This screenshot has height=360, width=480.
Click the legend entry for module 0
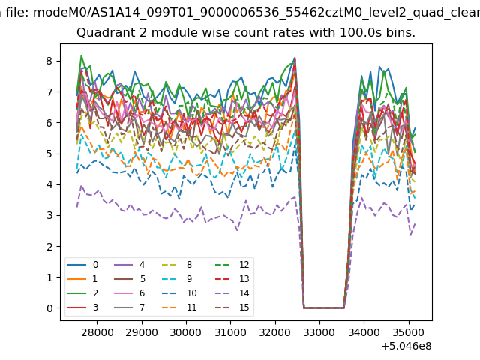tap(85, 265)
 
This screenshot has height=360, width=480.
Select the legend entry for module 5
tap(132, 279)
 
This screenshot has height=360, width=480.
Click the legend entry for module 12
tap(232, 265)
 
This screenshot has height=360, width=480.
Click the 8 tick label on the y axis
tap(49, 61)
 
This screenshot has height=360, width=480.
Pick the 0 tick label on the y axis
tap(49, 308)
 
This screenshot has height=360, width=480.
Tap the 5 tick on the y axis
tap(49, 154)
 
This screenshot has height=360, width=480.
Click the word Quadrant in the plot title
tap(102, 34)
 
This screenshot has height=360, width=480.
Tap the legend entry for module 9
tap(181, 279)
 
